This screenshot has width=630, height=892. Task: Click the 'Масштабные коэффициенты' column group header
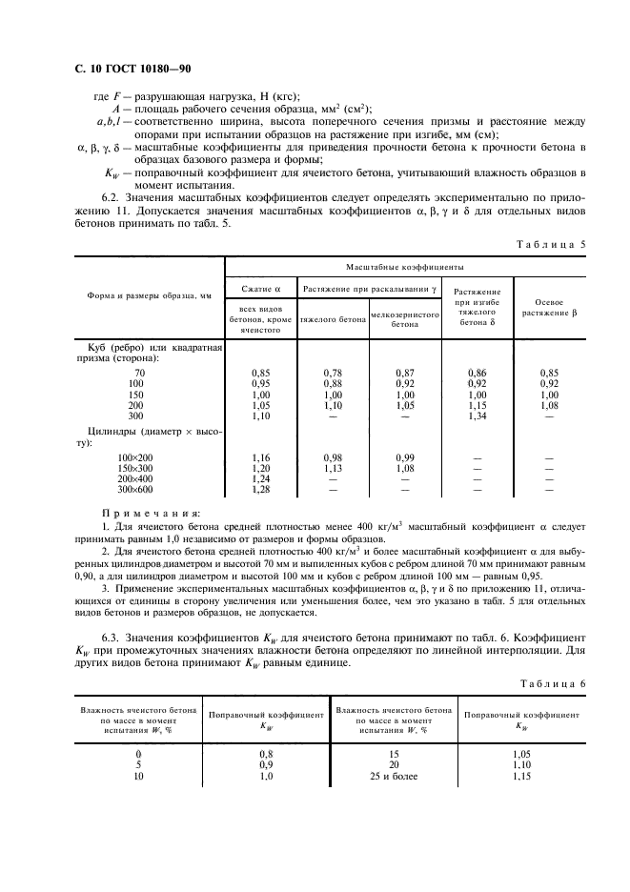click(x=399, y=270)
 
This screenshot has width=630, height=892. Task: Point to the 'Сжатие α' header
click(x=260, y=288)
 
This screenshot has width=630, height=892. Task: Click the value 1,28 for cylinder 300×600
click(x=259, y=490)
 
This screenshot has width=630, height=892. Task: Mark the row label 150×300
click(x=134, y=468)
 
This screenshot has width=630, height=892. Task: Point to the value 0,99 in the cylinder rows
click(x=404, y=457)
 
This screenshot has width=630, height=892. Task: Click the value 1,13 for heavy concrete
click(x=333, y=468)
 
